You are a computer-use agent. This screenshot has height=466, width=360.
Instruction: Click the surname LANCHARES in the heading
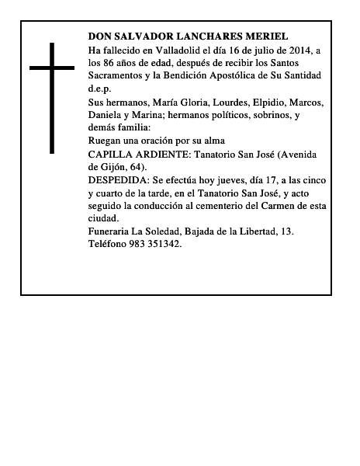[x=193, y=37]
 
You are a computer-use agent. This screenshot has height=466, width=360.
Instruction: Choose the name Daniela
[x=107, y=115]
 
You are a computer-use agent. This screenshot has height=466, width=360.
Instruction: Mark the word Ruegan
[x=106, y=141]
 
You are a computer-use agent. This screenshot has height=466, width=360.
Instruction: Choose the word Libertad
[x=265, y=231]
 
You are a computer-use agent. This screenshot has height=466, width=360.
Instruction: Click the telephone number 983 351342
[x=156, y=244]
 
